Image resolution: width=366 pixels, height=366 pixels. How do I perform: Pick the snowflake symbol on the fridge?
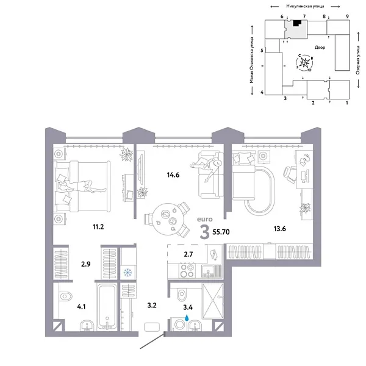[128, 272]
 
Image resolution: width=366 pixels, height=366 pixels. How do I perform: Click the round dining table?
[163, 214]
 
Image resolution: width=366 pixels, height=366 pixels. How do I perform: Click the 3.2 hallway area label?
[152, 301]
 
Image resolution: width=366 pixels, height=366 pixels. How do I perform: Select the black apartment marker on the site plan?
[297, 23]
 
